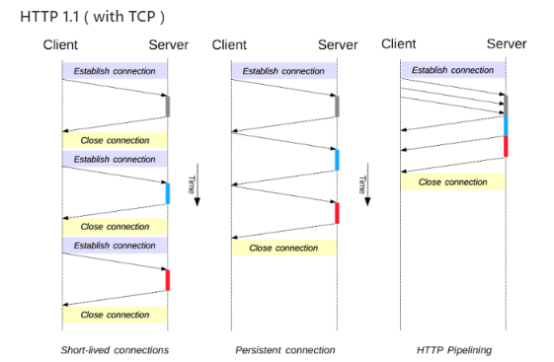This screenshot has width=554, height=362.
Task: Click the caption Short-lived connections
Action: pos(115,350)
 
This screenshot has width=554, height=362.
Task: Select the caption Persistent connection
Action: pos(284,350)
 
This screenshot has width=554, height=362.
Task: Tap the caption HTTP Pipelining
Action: pos(454,350)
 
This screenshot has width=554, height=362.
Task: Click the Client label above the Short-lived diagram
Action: pos(60,45)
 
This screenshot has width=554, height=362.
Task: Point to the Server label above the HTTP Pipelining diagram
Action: pos(507,44)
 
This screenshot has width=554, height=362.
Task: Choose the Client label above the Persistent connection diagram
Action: pos(229,45)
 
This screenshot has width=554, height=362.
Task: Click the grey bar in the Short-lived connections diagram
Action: pos(168,106)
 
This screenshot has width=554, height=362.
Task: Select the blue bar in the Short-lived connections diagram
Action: pos(168,193)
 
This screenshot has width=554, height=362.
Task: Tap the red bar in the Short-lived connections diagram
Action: pos(168,280)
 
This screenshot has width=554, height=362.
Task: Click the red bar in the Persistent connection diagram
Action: pos(337,212)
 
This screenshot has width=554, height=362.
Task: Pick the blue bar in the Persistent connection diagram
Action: pos(337,159)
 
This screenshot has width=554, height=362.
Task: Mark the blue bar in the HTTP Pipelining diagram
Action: pos(506,125)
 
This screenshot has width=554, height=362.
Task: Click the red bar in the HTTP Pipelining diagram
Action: pos(506,146)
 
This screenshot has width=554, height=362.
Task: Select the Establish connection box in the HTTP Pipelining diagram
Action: pos(452,70)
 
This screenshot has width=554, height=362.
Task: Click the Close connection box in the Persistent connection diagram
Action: pos(284,248)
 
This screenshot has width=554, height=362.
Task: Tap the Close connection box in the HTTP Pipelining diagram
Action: pos(452,181)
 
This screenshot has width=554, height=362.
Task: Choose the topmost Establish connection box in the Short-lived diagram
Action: pos(115,71)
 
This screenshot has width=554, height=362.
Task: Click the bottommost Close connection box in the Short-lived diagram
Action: pos(115,315)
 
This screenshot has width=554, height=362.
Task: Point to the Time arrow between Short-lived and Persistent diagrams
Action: pos(198,186)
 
